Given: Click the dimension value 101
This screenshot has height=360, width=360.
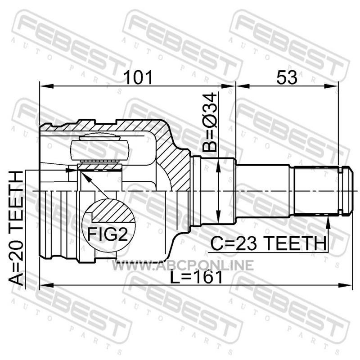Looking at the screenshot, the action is (138, 77).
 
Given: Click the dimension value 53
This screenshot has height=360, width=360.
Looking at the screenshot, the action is (287, 77).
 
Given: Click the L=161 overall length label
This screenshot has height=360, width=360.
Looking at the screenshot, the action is (196, 277).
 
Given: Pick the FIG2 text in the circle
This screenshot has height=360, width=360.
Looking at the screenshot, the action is (108, 234).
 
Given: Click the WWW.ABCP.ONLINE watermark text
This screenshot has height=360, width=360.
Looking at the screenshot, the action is (183, 265).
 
